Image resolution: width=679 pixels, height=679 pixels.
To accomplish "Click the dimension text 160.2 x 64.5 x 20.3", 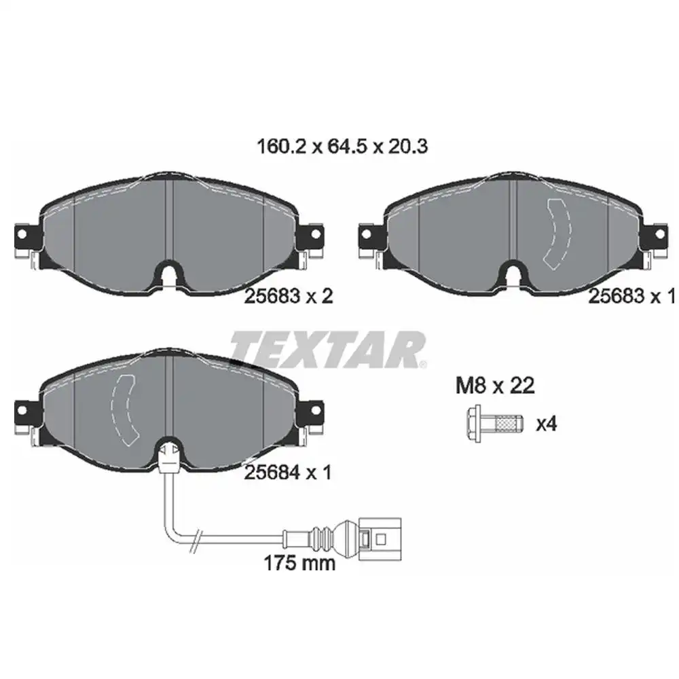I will pos(341,146).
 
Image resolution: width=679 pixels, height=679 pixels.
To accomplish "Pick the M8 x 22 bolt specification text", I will pos(494,386).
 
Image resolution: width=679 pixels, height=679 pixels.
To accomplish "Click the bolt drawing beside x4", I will pos(496,424).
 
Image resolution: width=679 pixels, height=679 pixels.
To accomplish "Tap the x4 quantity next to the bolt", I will pos(546,424).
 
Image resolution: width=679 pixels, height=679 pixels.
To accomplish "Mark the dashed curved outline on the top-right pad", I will pos(559,232).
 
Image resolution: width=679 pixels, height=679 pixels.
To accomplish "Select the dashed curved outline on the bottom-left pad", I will pos(124,410).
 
